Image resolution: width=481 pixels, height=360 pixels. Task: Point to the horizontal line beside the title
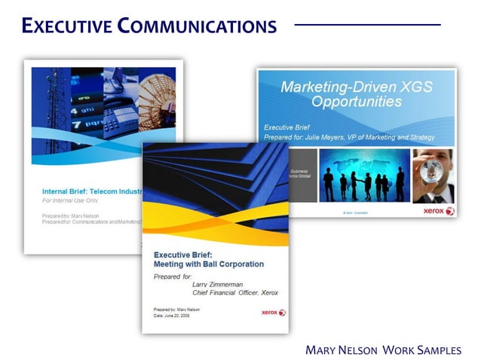[x=367, y=25]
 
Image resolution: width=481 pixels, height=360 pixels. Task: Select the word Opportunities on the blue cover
[x=357, y=102]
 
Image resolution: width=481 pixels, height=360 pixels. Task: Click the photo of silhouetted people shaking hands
[x=365, y=176]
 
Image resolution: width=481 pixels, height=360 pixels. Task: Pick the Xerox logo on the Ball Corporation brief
[x=273, y=312]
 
